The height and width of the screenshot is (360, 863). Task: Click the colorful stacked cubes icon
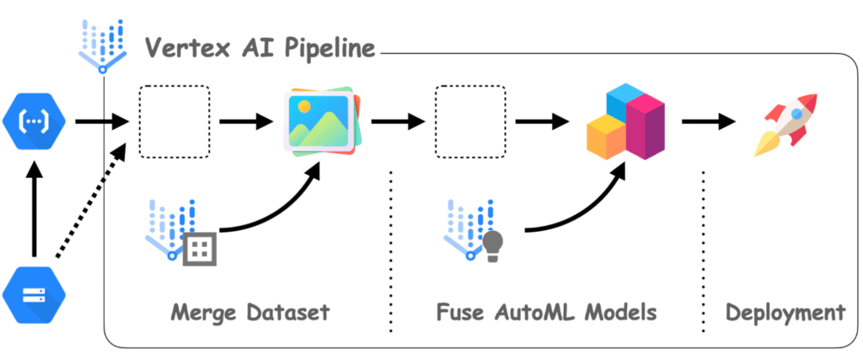pyautogui.click(x=624, y=123)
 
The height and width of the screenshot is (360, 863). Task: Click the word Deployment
pyautogui.click(x=785, y=312)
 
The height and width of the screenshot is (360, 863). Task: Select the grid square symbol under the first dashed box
pyautogui.click(x=201, y=247)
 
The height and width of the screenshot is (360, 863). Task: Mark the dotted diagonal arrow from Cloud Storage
pyautogui.click(x=89, y=202)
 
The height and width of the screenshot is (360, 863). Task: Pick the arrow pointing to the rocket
pyautogui.click(x=708, y=123)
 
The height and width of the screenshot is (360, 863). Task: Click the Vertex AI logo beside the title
pyautogui.click(x=101, y=46)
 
